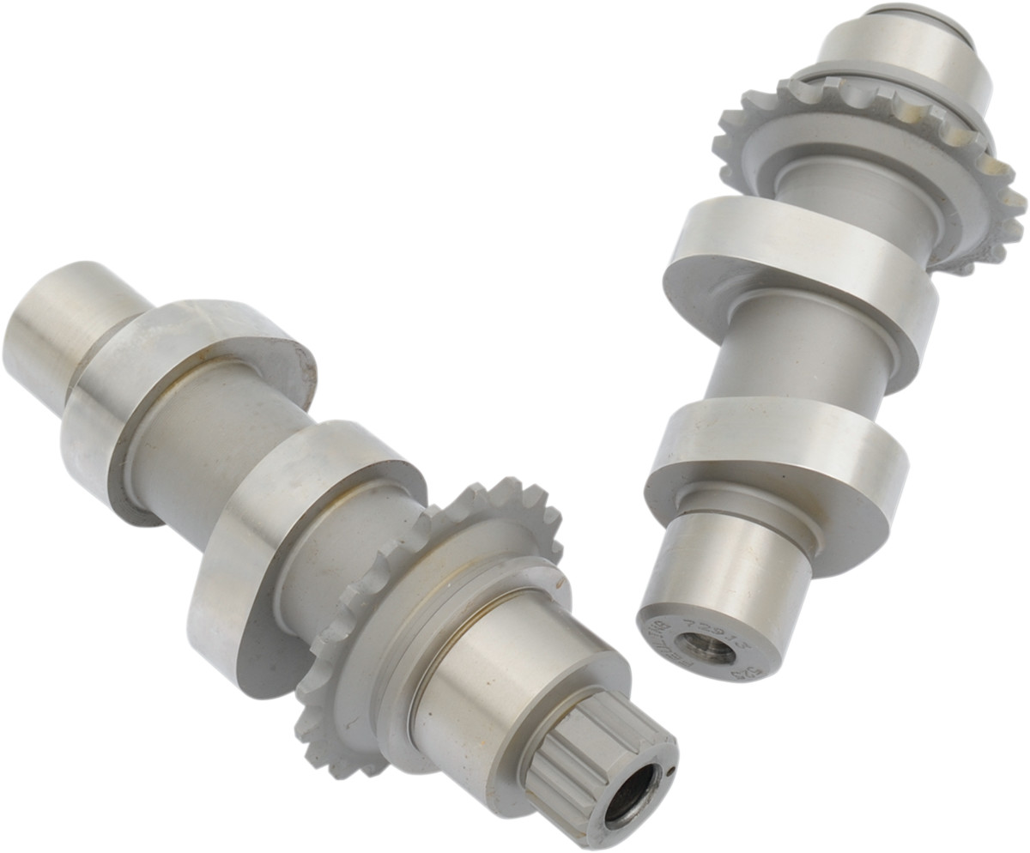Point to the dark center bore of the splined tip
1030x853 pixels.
click(x=632, y=796)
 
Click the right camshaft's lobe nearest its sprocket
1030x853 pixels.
click(x=798, y=275)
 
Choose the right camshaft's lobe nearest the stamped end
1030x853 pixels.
click(x=772, y=463)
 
